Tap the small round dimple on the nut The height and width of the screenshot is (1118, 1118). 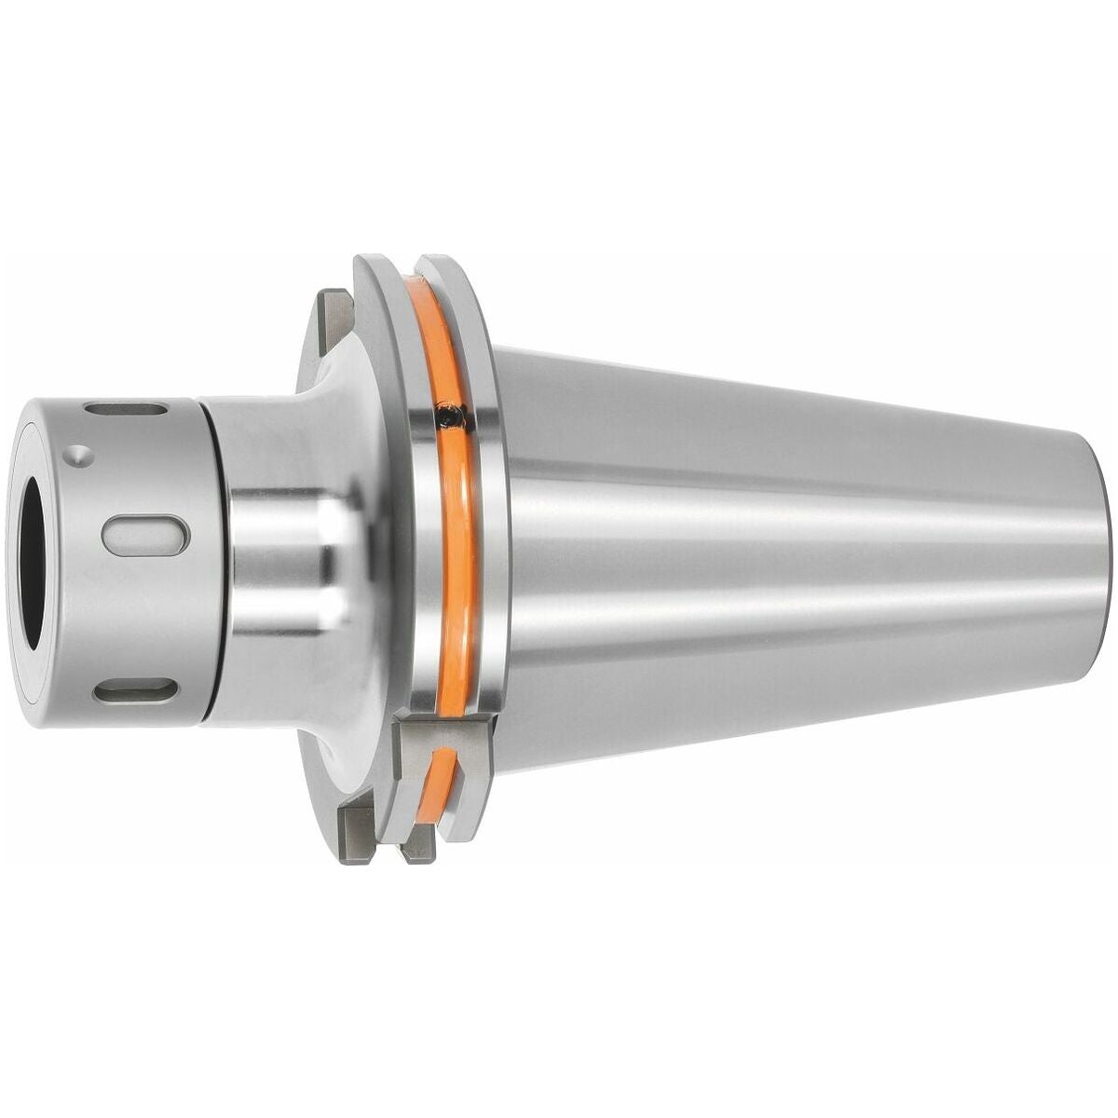82,454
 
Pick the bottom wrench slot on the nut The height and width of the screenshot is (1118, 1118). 136,691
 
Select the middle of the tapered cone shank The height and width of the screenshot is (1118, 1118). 792,550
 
